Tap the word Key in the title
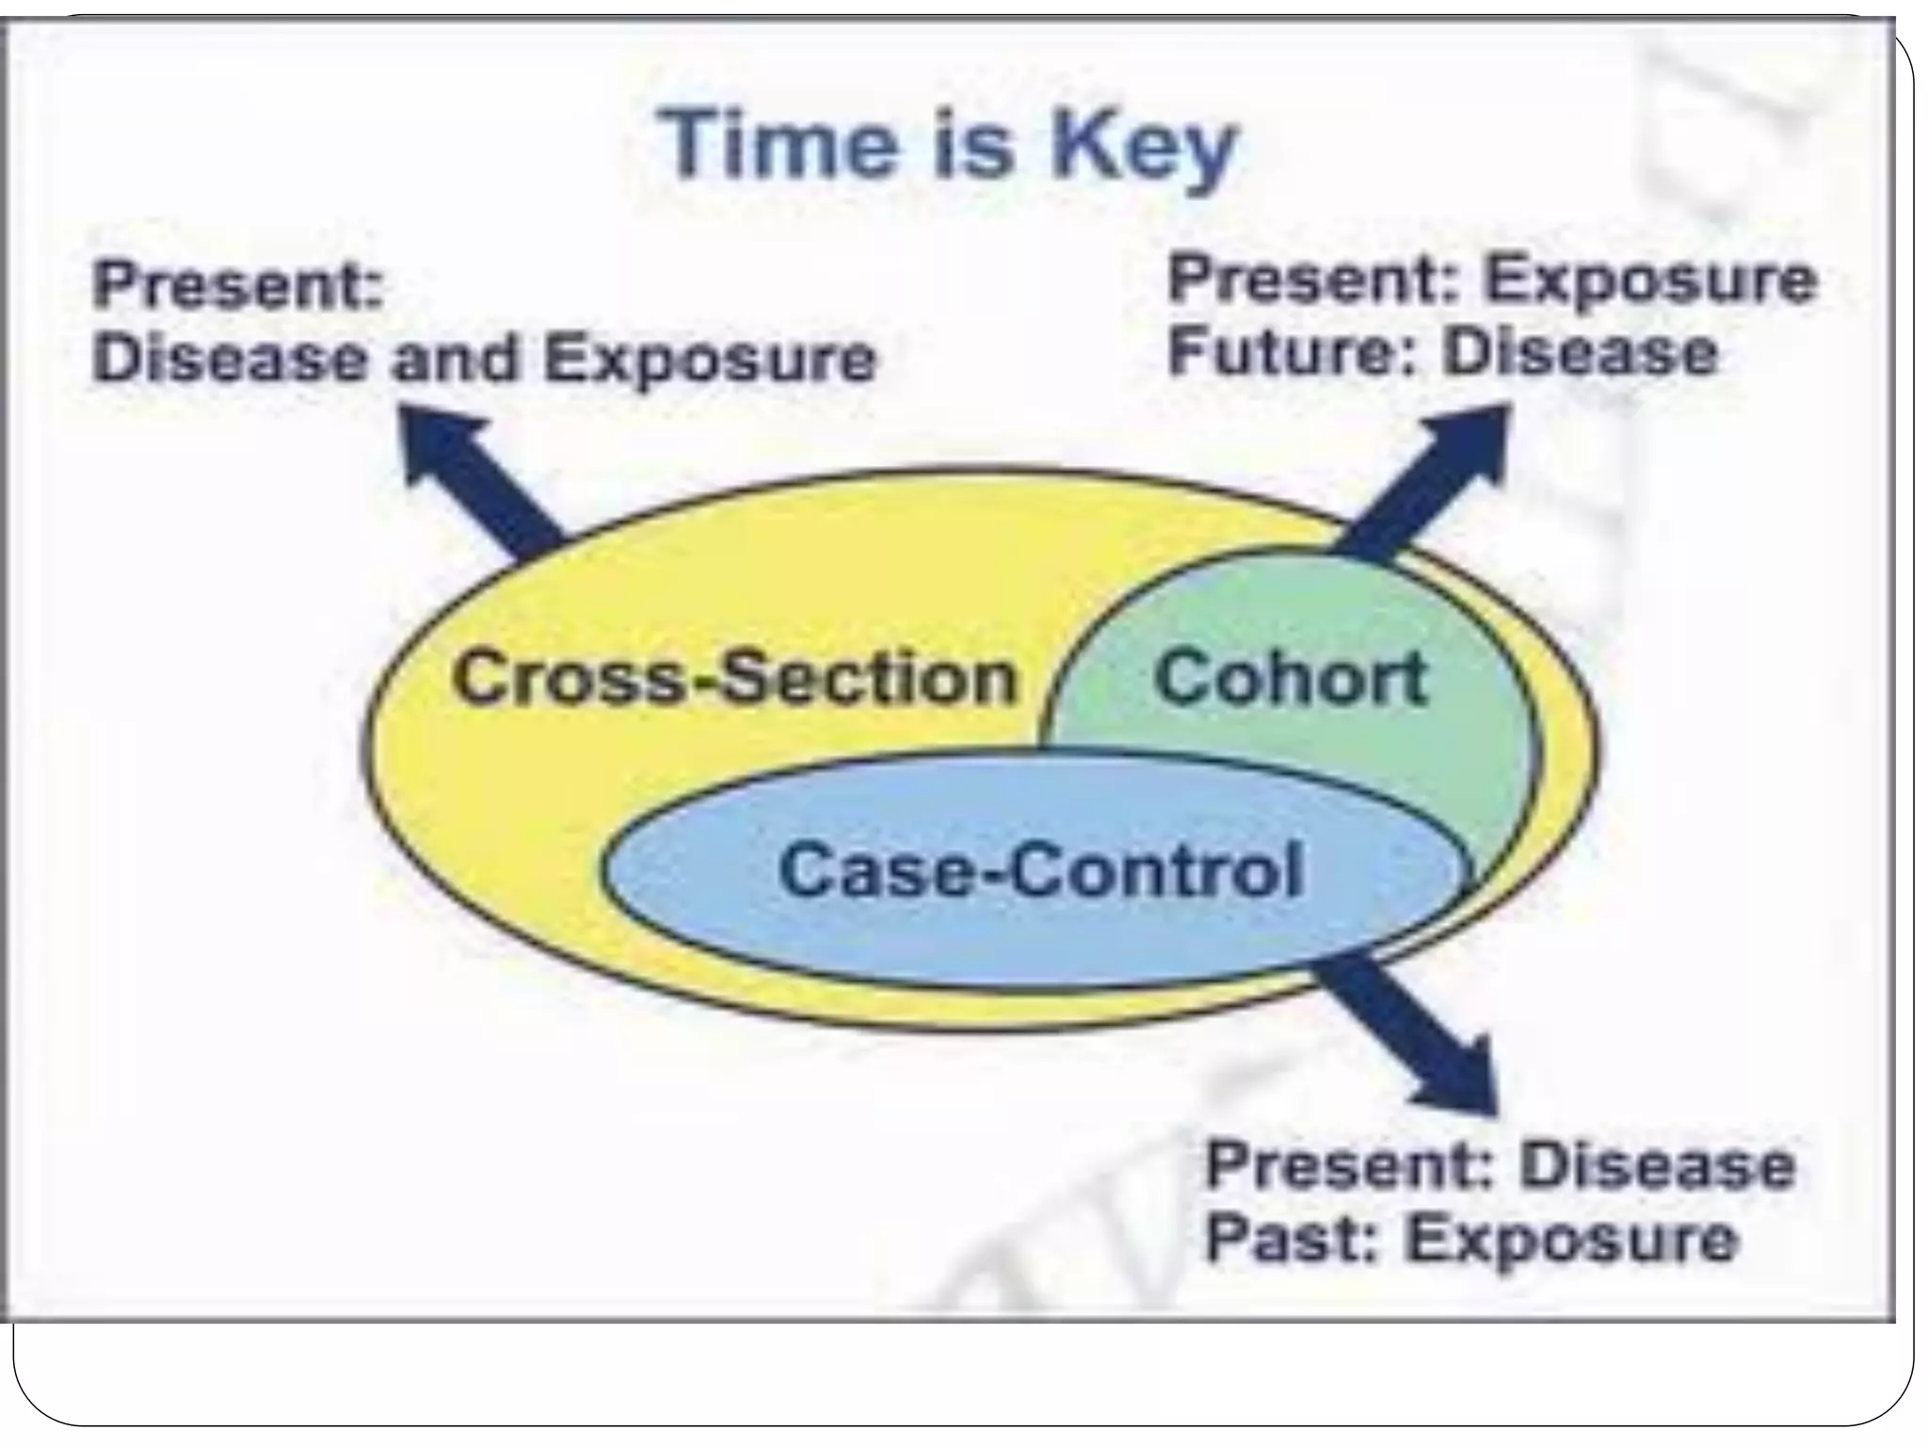(1143, 150)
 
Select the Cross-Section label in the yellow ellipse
(735, 678)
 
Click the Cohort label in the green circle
(1291, 678)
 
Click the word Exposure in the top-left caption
(711, 359)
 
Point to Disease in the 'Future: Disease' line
(1581, 352)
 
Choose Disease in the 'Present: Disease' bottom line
(1657, 1165)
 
